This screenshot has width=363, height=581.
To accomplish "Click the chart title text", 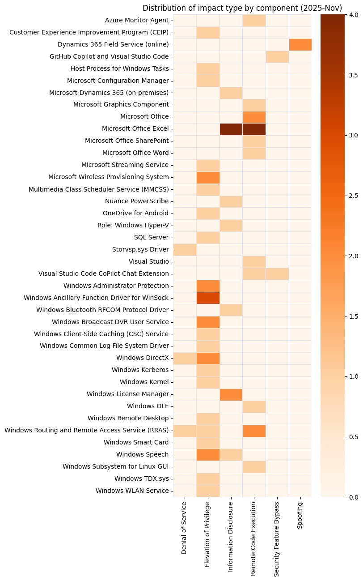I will tap(242, 8).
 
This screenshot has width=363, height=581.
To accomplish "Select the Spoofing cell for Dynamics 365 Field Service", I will tap(300, 44).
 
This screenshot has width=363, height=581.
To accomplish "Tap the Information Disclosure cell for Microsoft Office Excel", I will tap(231, 129).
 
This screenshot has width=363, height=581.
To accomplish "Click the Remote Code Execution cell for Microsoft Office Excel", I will tap(254, 129).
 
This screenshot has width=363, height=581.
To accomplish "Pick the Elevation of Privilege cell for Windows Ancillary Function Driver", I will tap(208, 298).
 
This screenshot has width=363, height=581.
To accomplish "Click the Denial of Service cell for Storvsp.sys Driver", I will tap(185, 249).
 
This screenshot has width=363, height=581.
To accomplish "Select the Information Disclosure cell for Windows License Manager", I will tap(231, 394).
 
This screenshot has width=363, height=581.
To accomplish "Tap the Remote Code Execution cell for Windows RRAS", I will tap(254, 431).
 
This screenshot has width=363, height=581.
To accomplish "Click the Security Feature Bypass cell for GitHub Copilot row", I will tap(277, 56).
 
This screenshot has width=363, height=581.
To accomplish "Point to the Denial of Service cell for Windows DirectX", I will tap(185, 358).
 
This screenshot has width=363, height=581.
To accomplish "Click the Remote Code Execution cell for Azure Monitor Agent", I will tap(254, 20).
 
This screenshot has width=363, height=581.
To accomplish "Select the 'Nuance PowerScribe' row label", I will tap(137, 201).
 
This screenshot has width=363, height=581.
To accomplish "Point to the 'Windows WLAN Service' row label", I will tap(132, 491).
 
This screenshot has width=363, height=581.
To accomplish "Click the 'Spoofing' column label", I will tap(300, 516).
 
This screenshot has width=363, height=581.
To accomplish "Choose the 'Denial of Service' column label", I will tap(185, 528).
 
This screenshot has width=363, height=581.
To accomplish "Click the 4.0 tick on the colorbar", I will tap(354, 14).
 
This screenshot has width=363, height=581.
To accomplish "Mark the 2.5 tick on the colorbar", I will tap(354, 196).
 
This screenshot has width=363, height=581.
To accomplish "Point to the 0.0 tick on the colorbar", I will tap(354, 497).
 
